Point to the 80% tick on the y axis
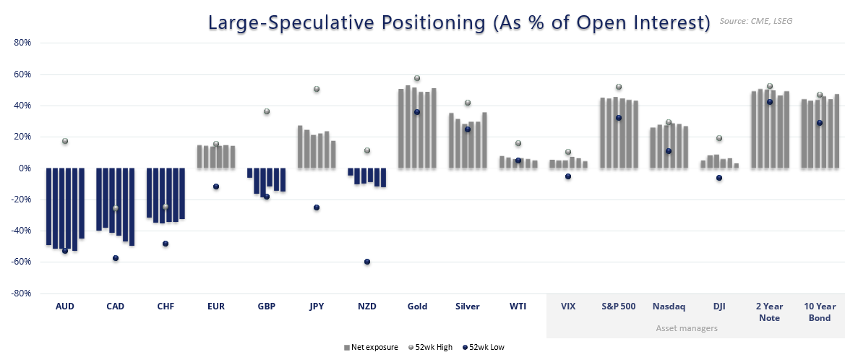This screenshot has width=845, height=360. click(x=22, y=43)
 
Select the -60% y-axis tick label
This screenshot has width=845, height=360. click(x=21, y=262)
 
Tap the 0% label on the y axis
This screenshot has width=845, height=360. click(x=25, y=168)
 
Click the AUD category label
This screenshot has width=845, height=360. click(x=65, y=307)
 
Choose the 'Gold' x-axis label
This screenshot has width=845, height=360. click(x=417, y=307)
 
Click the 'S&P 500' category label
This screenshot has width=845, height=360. click(x=619, y=307)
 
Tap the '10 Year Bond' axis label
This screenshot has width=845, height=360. click(x=820, y=312)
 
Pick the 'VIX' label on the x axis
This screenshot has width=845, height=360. click(x=568, y=307)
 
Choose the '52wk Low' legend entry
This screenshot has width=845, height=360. click(x=485, y=348)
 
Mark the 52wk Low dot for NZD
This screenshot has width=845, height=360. click(x=367, y=262)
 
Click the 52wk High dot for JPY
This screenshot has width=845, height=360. click(x=317, y=89)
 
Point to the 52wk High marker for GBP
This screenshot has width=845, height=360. click(x=267, y=111)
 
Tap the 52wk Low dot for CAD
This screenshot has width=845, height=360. click(x=116, y=258)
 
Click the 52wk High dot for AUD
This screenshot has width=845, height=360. click(x=65, y=141)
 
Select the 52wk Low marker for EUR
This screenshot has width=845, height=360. click(x=216, y=187)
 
